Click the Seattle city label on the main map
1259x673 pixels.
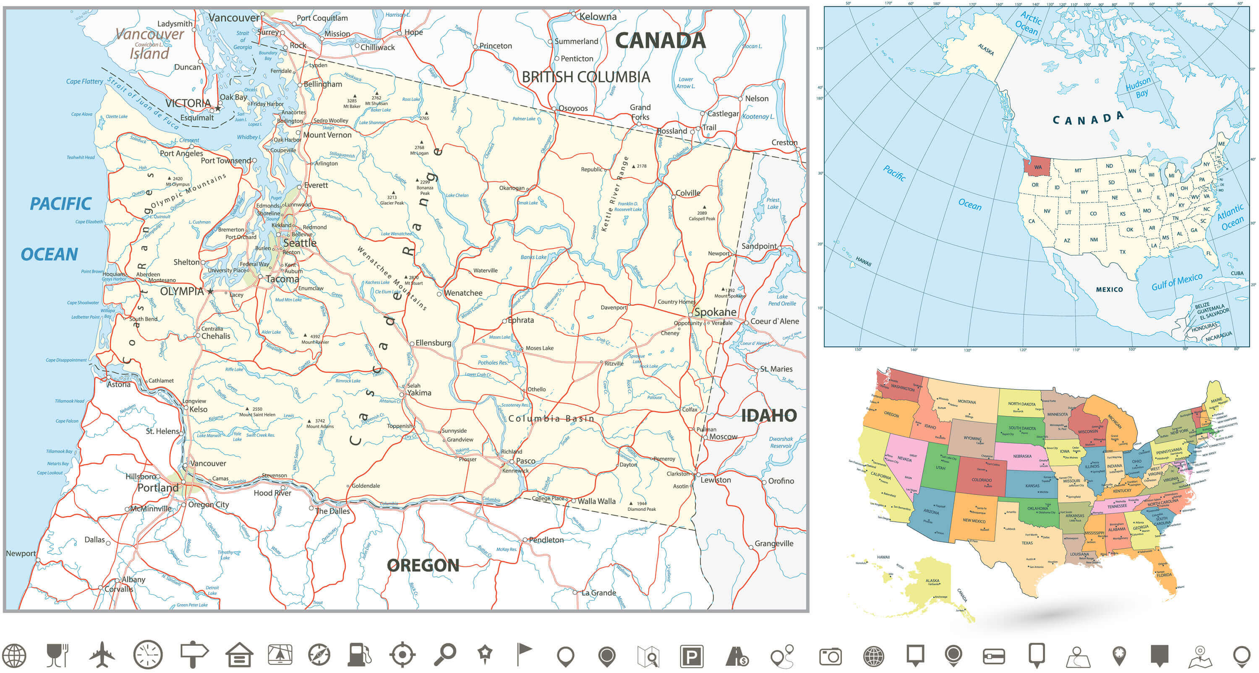pos(300,243)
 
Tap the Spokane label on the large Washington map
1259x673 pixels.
pos(715,312)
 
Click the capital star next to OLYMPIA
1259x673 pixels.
pos(210,292)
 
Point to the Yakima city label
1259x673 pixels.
pos(419,393)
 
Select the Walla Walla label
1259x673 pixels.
pos(596,501)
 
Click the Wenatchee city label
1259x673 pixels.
pos(463,293)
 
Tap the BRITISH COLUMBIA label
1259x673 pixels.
pos(585,77)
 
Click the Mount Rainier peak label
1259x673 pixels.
pos(315,342)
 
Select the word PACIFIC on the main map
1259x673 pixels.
pos(60,203)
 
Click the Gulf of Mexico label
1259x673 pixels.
pos(1176,282)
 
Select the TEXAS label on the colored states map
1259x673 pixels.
pos(1027,543)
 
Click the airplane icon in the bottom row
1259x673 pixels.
pos(102,655)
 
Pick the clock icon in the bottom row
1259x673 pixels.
pos(148,655)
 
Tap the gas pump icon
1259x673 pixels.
pos(359,655)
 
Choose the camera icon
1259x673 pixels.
pos(830,656)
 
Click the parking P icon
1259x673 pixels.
pos(692,656)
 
